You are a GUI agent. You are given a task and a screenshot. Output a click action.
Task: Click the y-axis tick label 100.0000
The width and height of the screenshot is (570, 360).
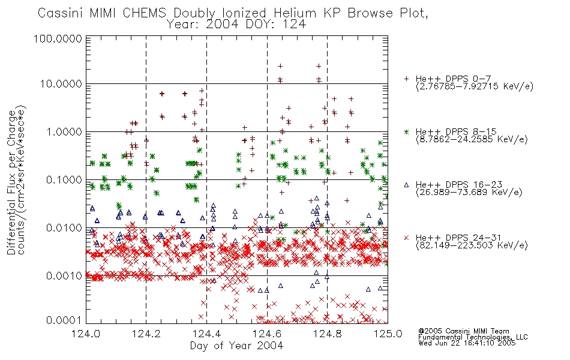click(58, 38)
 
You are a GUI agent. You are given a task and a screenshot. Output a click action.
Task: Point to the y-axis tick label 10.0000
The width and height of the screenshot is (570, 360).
click(61, 84)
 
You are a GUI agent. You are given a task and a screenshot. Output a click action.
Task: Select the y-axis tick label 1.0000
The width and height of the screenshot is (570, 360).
click(64, 131)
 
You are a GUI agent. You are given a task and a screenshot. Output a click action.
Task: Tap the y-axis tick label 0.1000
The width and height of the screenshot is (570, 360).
click(64, 179)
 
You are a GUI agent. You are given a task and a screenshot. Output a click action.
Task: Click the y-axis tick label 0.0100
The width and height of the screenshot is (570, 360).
click(64, 228)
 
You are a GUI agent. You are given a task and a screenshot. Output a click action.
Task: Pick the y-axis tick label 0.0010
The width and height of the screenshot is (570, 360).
click(64, 276)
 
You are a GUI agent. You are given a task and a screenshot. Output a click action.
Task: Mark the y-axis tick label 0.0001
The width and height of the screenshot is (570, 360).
click(64, 320)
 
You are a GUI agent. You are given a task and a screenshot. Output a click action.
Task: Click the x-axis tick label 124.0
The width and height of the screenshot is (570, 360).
click(86, 334)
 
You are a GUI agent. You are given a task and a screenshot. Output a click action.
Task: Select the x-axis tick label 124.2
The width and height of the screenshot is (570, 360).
click(146, 334)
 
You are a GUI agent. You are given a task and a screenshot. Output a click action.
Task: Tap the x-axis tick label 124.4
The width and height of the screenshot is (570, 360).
click(206, 334)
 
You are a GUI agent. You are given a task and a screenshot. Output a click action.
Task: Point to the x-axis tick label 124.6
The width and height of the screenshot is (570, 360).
click(267, 334)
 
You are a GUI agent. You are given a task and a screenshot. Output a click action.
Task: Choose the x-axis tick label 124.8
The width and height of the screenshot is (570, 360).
click(327, 334)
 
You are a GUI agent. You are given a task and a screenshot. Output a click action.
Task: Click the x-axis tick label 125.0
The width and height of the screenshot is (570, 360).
click(388, 334)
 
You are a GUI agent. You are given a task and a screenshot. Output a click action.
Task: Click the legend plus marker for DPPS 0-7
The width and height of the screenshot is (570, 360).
click(406, 79)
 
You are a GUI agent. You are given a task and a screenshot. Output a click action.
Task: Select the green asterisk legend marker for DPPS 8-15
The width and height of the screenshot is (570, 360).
click(406, 131)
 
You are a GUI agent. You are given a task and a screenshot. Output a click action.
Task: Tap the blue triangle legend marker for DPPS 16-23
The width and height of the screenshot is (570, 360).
click(406, 185)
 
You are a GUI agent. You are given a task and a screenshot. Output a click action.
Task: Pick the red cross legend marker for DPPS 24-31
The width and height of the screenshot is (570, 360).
click(406, 238)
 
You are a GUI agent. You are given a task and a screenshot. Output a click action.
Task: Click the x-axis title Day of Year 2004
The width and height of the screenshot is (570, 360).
click(236, 346)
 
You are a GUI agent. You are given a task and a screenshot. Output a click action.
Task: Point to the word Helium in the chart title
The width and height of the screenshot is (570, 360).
click(295, 13)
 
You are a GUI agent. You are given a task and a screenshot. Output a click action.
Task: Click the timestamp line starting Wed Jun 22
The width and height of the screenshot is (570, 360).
click(467, 343)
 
